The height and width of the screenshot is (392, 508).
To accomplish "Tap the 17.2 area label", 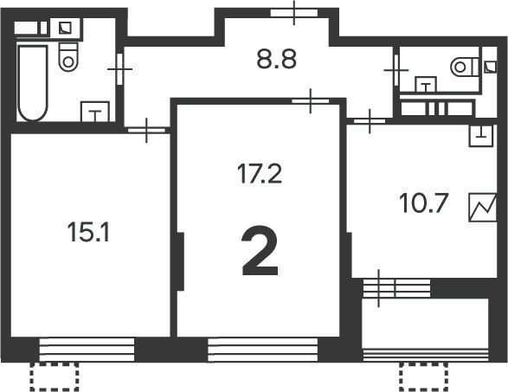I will (x=260, y=174).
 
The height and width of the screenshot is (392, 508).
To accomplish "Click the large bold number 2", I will (x=260, y=251).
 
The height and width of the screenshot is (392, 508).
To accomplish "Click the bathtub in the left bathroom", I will (x=33, y=83).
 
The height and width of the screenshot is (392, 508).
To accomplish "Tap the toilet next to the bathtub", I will (x=68, y=55).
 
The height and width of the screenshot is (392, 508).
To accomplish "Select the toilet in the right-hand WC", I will (x=465, y=65).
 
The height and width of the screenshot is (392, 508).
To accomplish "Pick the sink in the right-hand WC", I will (x=426, y=84).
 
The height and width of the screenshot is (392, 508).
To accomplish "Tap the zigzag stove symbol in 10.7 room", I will (x=482, y=209).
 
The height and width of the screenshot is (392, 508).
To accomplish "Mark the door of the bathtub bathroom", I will (x=120, y=67).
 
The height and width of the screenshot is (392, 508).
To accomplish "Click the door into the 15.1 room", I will (x=146, y=131).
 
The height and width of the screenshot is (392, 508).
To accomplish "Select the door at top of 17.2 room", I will (x=310, y=101).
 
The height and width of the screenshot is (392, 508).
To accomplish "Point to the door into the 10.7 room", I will (x=370, y=120).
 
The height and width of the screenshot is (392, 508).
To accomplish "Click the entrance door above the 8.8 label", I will (x=293, y=12).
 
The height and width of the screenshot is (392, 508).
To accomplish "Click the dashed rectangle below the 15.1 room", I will (x=55, y=376).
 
